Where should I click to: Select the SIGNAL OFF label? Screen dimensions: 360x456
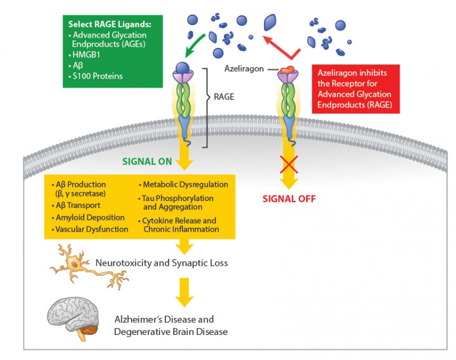coord(289,199)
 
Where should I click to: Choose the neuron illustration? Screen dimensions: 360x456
coord(88,267)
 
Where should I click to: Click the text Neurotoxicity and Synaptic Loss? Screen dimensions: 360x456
coord(161,263)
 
